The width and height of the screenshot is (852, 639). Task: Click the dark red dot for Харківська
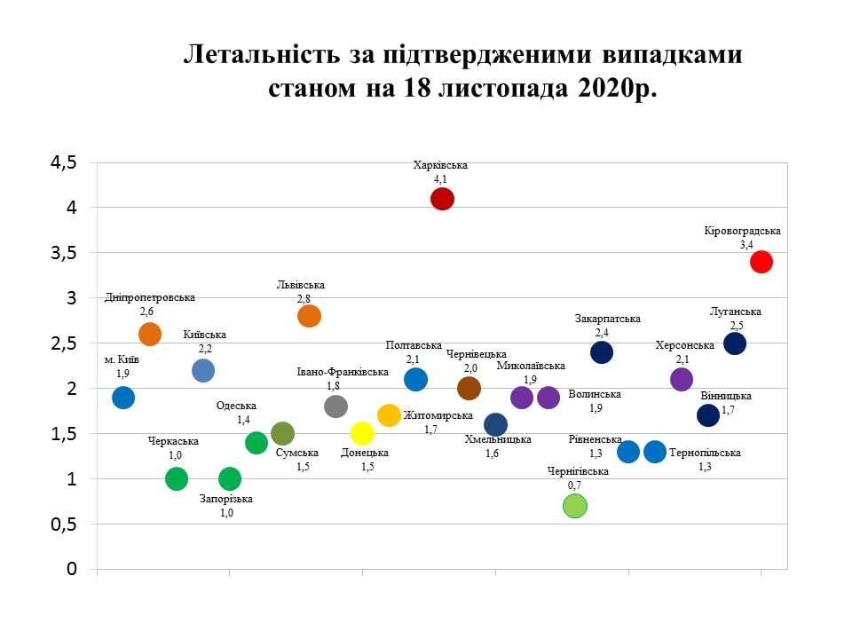[442, 199]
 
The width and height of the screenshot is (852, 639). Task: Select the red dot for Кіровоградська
[761, 262]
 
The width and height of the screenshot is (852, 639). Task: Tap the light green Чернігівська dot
[575, 506]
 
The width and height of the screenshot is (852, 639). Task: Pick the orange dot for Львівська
[309, 316]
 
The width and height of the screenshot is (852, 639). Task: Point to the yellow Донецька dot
[362, 433]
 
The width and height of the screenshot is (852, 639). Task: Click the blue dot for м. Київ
[123, 397]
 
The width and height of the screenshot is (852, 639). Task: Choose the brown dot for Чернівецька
[469, 388]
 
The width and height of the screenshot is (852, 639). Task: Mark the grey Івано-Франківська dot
[335, 406]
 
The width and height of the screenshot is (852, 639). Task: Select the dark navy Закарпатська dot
[602, 352]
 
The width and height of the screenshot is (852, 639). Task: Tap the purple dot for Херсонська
[681, 380]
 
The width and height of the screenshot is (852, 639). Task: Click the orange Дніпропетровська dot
[150, 335]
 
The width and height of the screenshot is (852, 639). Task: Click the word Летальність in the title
[257, 55]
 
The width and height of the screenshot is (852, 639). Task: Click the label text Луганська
[736, 312]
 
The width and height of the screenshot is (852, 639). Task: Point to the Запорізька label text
[226, 499]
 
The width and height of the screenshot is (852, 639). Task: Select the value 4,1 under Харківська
[440, 179]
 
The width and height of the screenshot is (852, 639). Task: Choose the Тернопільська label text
[705, 453]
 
